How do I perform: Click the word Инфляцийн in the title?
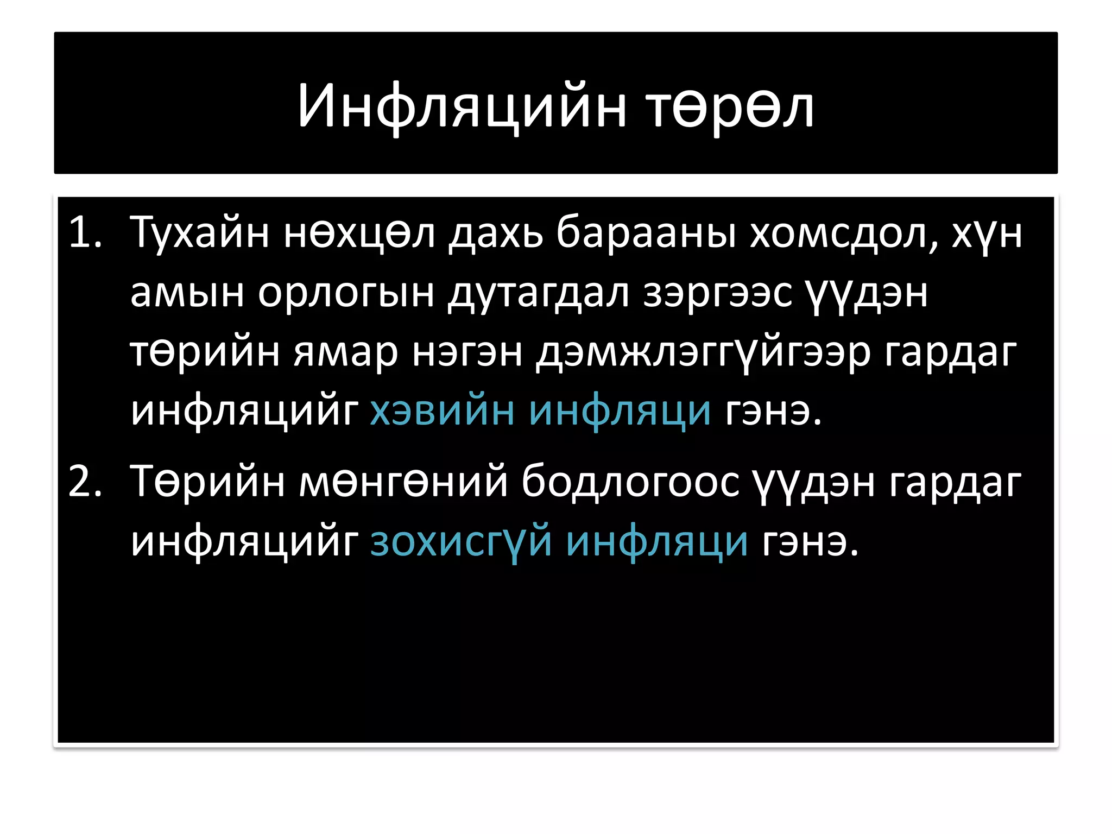[462, 107]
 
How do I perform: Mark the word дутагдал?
[538, 293]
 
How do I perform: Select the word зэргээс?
[717, 293]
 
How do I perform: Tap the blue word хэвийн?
[442, 410]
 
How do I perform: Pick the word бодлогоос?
[630, 481]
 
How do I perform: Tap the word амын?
[187, 293]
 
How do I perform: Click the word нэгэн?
[467, 352]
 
